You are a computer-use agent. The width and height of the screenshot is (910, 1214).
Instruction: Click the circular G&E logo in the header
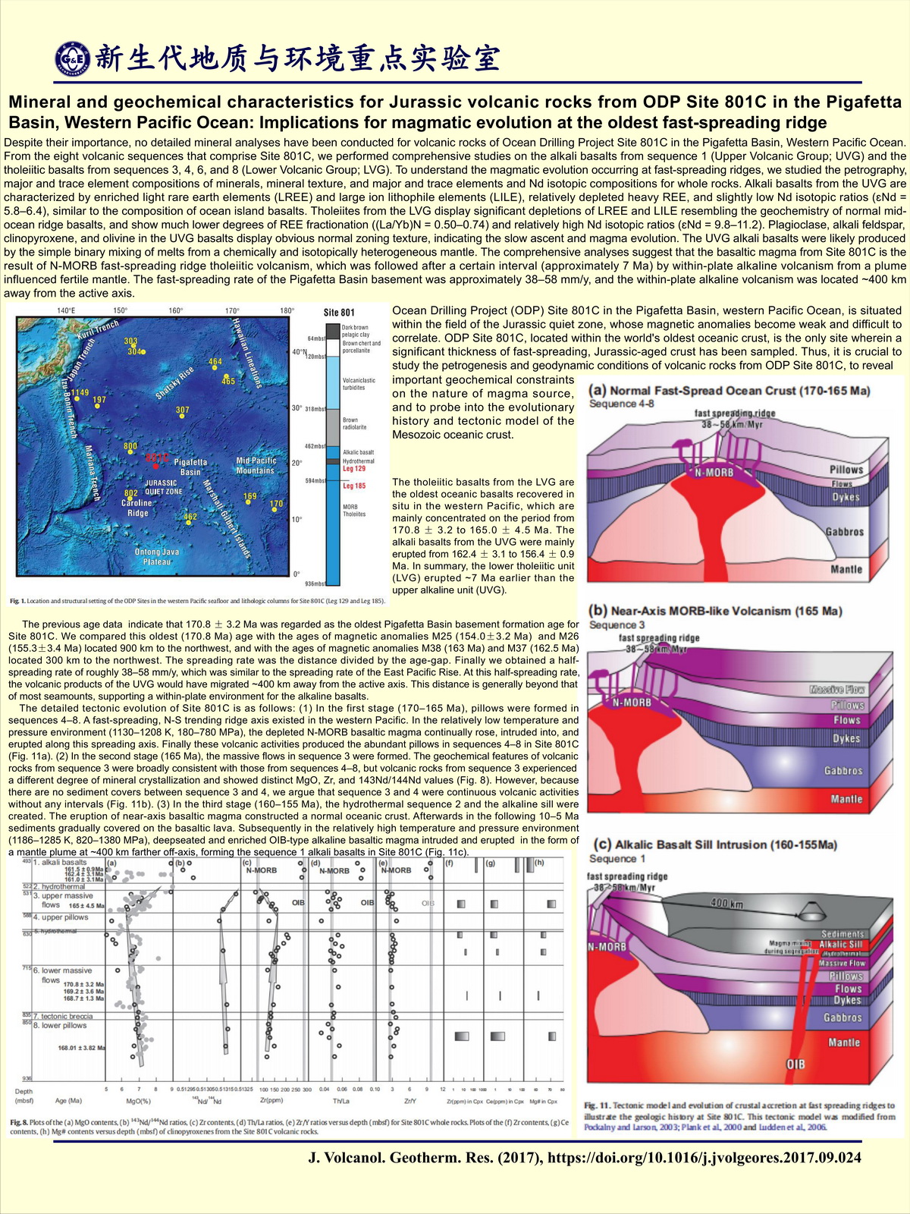(x=74, y=58)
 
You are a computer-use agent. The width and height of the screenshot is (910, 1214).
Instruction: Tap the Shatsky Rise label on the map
(x=174, y=382)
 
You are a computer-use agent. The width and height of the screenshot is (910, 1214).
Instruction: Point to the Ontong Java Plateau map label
(x=157, y=556)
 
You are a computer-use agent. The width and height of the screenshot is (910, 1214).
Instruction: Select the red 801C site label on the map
(x=157, y=458)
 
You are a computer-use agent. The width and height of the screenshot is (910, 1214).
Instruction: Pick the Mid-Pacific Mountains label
(x=256, y=466)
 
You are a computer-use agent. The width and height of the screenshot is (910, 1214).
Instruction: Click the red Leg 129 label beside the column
(x=354, y=469)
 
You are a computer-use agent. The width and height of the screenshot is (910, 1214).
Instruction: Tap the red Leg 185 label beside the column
(x=354, y=486)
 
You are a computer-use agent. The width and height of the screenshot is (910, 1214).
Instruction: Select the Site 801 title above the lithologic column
(x=339, y=313)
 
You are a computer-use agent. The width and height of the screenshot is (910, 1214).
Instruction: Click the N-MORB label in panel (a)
(x=714, y=472)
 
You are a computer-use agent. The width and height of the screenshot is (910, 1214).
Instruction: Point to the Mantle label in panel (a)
(x=846, y=569)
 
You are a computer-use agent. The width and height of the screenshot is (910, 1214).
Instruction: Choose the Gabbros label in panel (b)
(x=843, y=771)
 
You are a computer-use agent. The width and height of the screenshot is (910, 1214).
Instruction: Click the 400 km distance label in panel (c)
(x=726, y=903)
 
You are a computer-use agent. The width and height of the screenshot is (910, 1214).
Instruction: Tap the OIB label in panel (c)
(x=795, y=1065)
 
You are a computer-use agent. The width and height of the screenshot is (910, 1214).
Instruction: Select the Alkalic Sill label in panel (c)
(x=840, y=945)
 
